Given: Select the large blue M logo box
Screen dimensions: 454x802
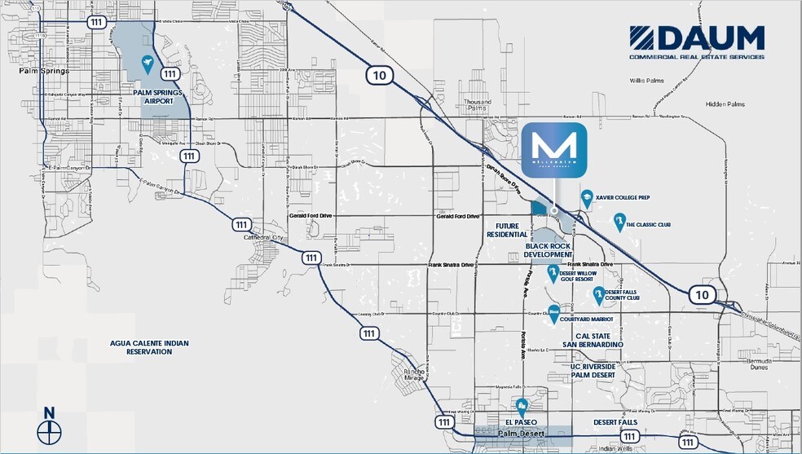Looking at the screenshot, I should (554, 151).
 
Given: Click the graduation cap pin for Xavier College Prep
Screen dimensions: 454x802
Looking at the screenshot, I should (586, 197).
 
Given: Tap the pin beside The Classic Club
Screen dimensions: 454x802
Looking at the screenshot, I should (619, 223).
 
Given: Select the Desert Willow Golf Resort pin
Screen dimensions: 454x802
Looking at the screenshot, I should (553, 273).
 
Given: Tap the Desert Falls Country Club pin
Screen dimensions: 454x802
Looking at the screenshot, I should (598, 295).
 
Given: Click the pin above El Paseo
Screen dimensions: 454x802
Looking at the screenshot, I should (521, 406).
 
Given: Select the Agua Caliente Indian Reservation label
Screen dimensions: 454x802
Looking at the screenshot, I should (149, 347).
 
